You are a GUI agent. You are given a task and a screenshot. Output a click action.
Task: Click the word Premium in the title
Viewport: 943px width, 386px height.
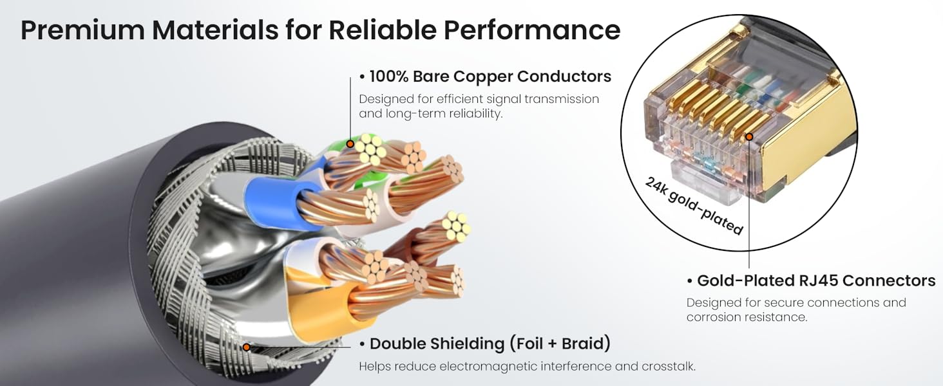[82, 30]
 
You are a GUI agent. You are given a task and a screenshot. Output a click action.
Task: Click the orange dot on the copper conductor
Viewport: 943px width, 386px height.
[350, 144]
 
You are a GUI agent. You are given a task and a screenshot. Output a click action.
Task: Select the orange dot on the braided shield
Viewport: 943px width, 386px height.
[247, 347]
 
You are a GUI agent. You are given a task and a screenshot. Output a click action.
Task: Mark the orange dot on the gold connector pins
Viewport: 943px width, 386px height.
[749, 136]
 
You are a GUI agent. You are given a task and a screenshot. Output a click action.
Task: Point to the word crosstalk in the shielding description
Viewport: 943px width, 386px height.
[668, 366]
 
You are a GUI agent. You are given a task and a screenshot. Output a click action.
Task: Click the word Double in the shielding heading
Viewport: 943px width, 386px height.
[397, 344]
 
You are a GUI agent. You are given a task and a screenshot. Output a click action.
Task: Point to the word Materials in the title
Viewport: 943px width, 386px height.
[215, 30]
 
